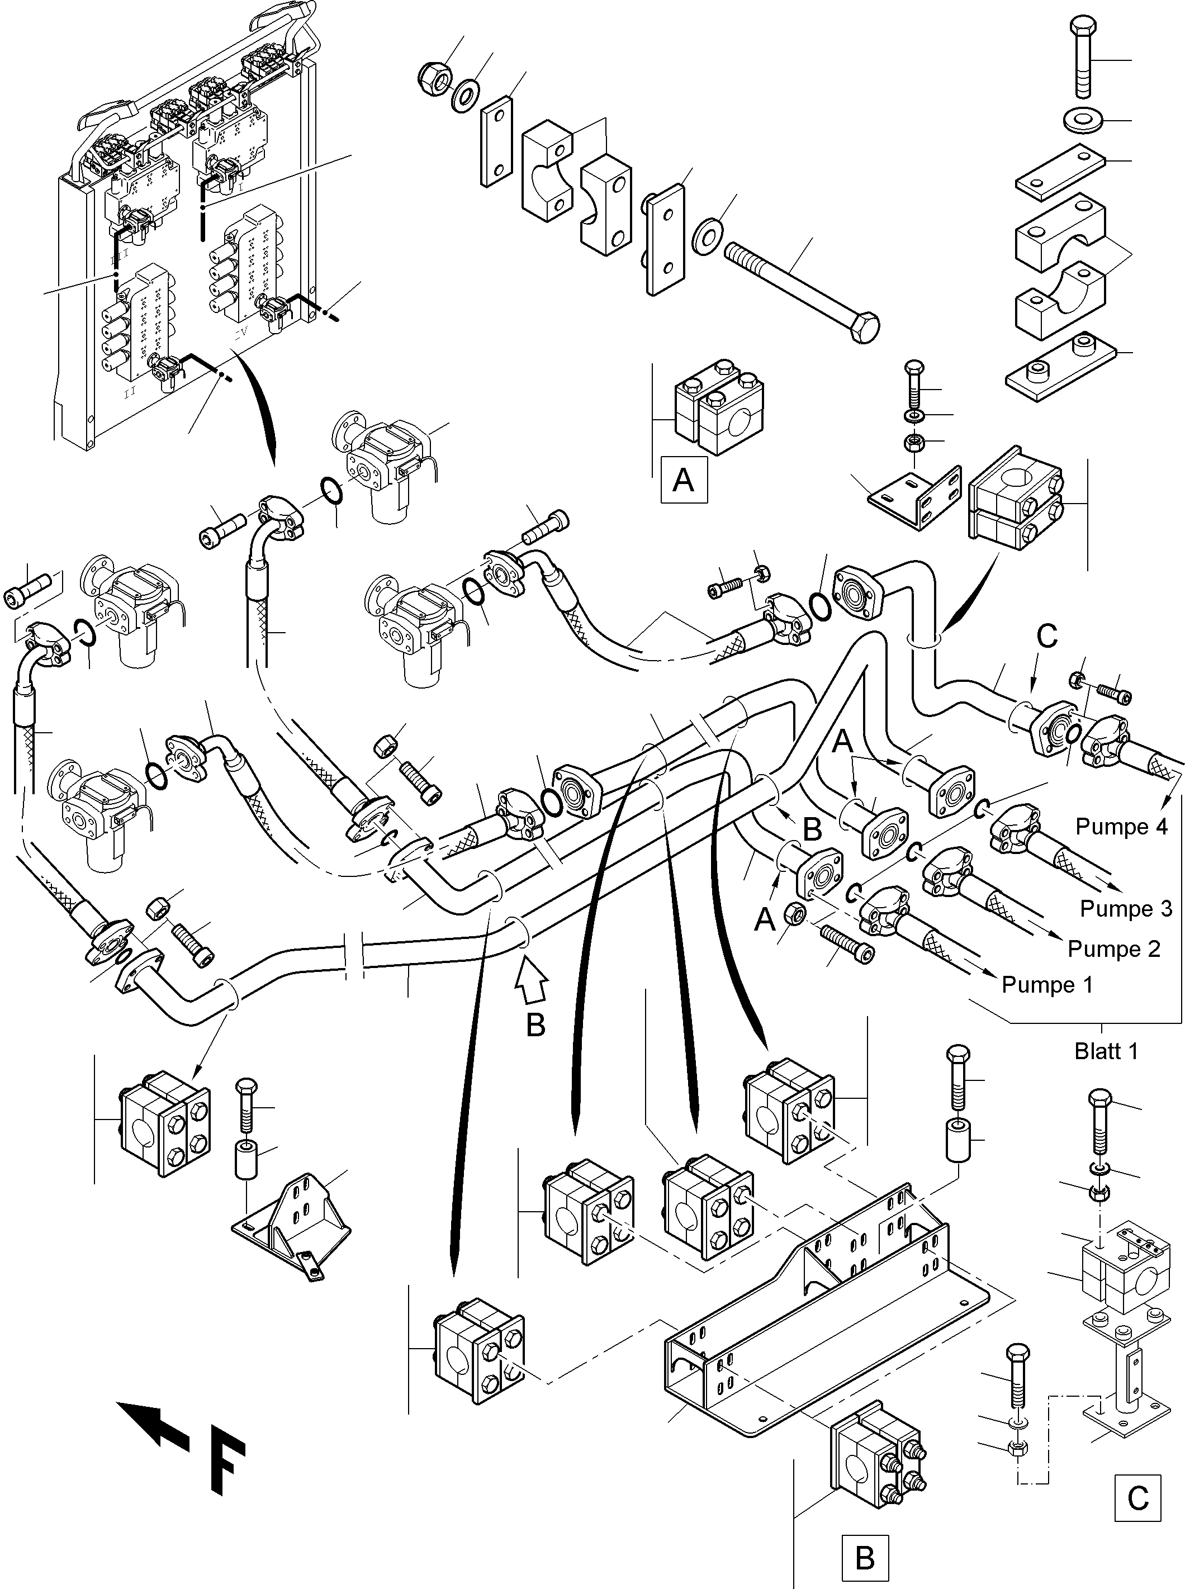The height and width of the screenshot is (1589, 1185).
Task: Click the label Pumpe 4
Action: [x=1121, y=827]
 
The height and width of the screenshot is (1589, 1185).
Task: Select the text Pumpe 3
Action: [x=1125, y=908]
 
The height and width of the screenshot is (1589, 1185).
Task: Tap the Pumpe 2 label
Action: [x=1113, y=948]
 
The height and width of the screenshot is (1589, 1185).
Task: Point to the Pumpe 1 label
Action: [x=1046, y=984]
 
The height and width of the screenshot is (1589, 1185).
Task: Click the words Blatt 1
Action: [x=1106, y=1051]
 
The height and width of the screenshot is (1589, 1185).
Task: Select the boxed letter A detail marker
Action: [x=684, y=479]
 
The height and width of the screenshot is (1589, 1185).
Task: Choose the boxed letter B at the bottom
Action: [x=865, y=1558]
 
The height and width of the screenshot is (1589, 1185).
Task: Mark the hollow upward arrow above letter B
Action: [x=532, y=980]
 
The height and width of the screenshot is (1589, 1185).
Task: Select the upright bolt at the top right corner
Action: [x=1082, y=58]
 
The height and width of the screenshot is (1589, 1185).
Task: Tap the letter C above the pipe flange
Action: [x=1047, y=635]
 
